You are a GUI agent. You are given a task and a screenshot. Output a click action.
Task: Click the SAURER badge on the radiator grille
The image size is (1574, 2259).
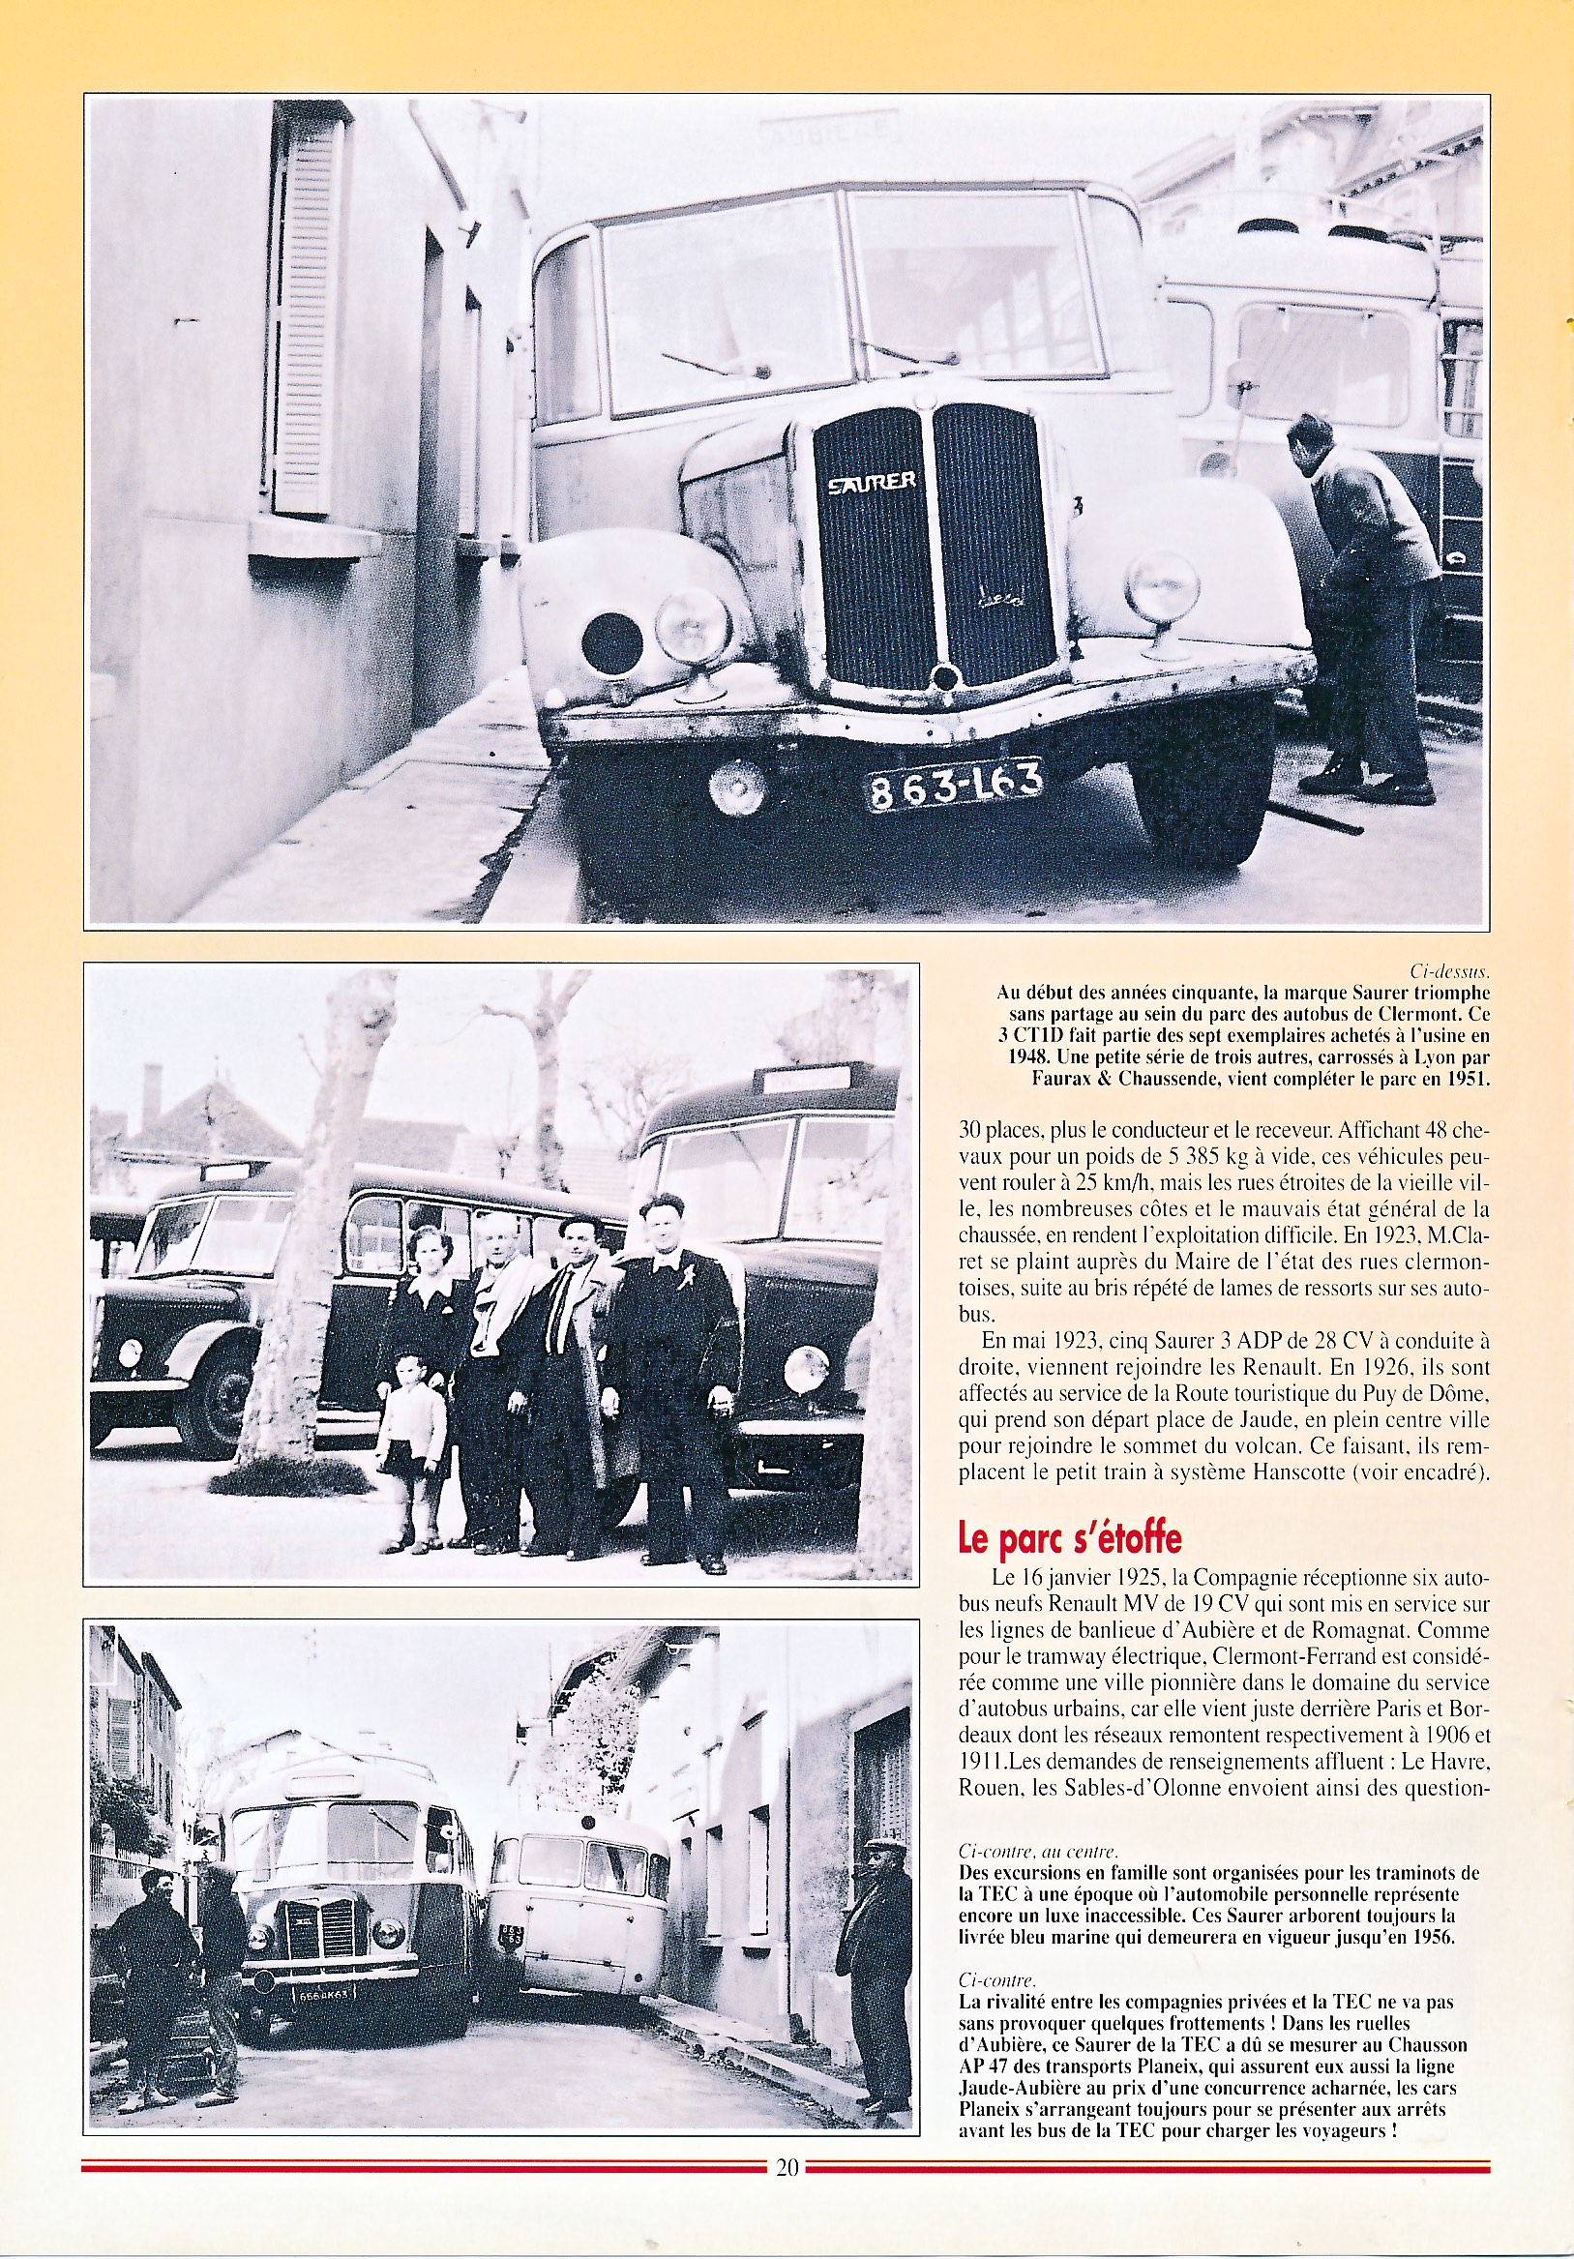pos(872,482)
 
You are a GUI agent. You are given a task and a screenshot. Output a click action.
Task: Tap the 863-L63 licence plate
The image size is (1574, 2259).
pos(953,785)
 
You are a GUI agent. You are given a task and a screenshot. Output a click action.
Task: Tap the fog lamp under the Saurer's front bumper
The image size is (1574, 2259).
pos(738,788)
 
